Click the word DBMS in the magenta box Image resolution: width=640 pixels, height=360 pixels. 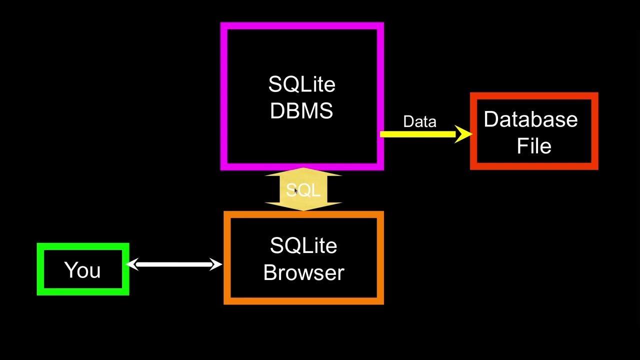tap(301, 111)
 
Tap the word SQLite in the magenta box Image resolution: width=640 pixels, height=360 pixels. tap(301, 84)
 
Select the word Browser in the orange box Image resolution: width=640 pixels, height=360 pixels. tap(303, 272)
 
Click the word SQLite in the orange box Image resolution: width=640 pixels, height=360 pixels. tap(303, 246)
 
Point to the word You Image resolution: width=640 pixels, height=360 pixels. tap(82, 270)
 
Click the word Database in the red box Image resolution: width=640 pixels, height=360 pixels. tap(530, 119)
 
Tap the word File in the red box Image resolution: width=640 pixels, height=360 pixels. tap(534, 146)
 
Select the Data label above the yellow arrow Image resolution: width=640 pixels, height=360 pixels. tap(419, 122)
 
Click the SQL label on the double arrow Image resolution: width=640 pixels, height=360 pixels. tap(303, 190)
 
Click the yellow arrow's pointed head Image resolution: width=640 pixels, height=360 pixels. tap(464, 134)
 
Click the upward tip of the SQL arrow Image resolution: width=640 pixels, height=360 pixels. tap(303, 170)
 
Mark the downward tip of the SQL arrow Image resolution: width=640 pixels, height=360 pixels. tap(303, 209)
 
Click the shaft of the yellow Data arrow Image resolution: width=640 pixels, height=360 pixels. tap(417, 134)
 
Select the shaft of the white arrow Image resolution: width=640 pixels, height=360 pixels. tap(175, 264)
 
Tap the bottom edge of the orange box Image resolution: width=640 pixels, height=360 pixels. tap(303, 301)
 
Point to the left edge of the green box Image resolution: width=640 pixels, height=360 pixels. tap(40, 269)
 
